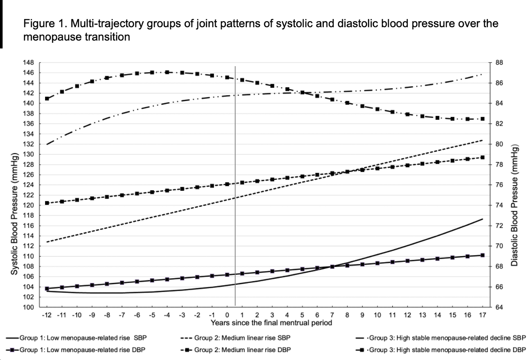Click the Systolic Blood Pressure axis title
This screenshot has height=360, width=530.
tap(14, 214)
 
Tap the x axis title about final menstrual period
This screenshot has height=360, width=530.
tap(272, 322)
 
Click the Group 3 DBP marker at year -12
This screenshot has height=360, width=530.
tap(47, 99)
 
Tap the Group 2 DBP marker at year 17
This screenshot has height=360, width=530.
tap(482, 157)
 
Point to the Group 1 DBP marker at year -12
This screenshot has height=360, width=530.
tap(47, 289)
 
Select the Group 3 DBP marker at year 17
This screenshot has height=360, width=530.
tap(482, 119)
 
